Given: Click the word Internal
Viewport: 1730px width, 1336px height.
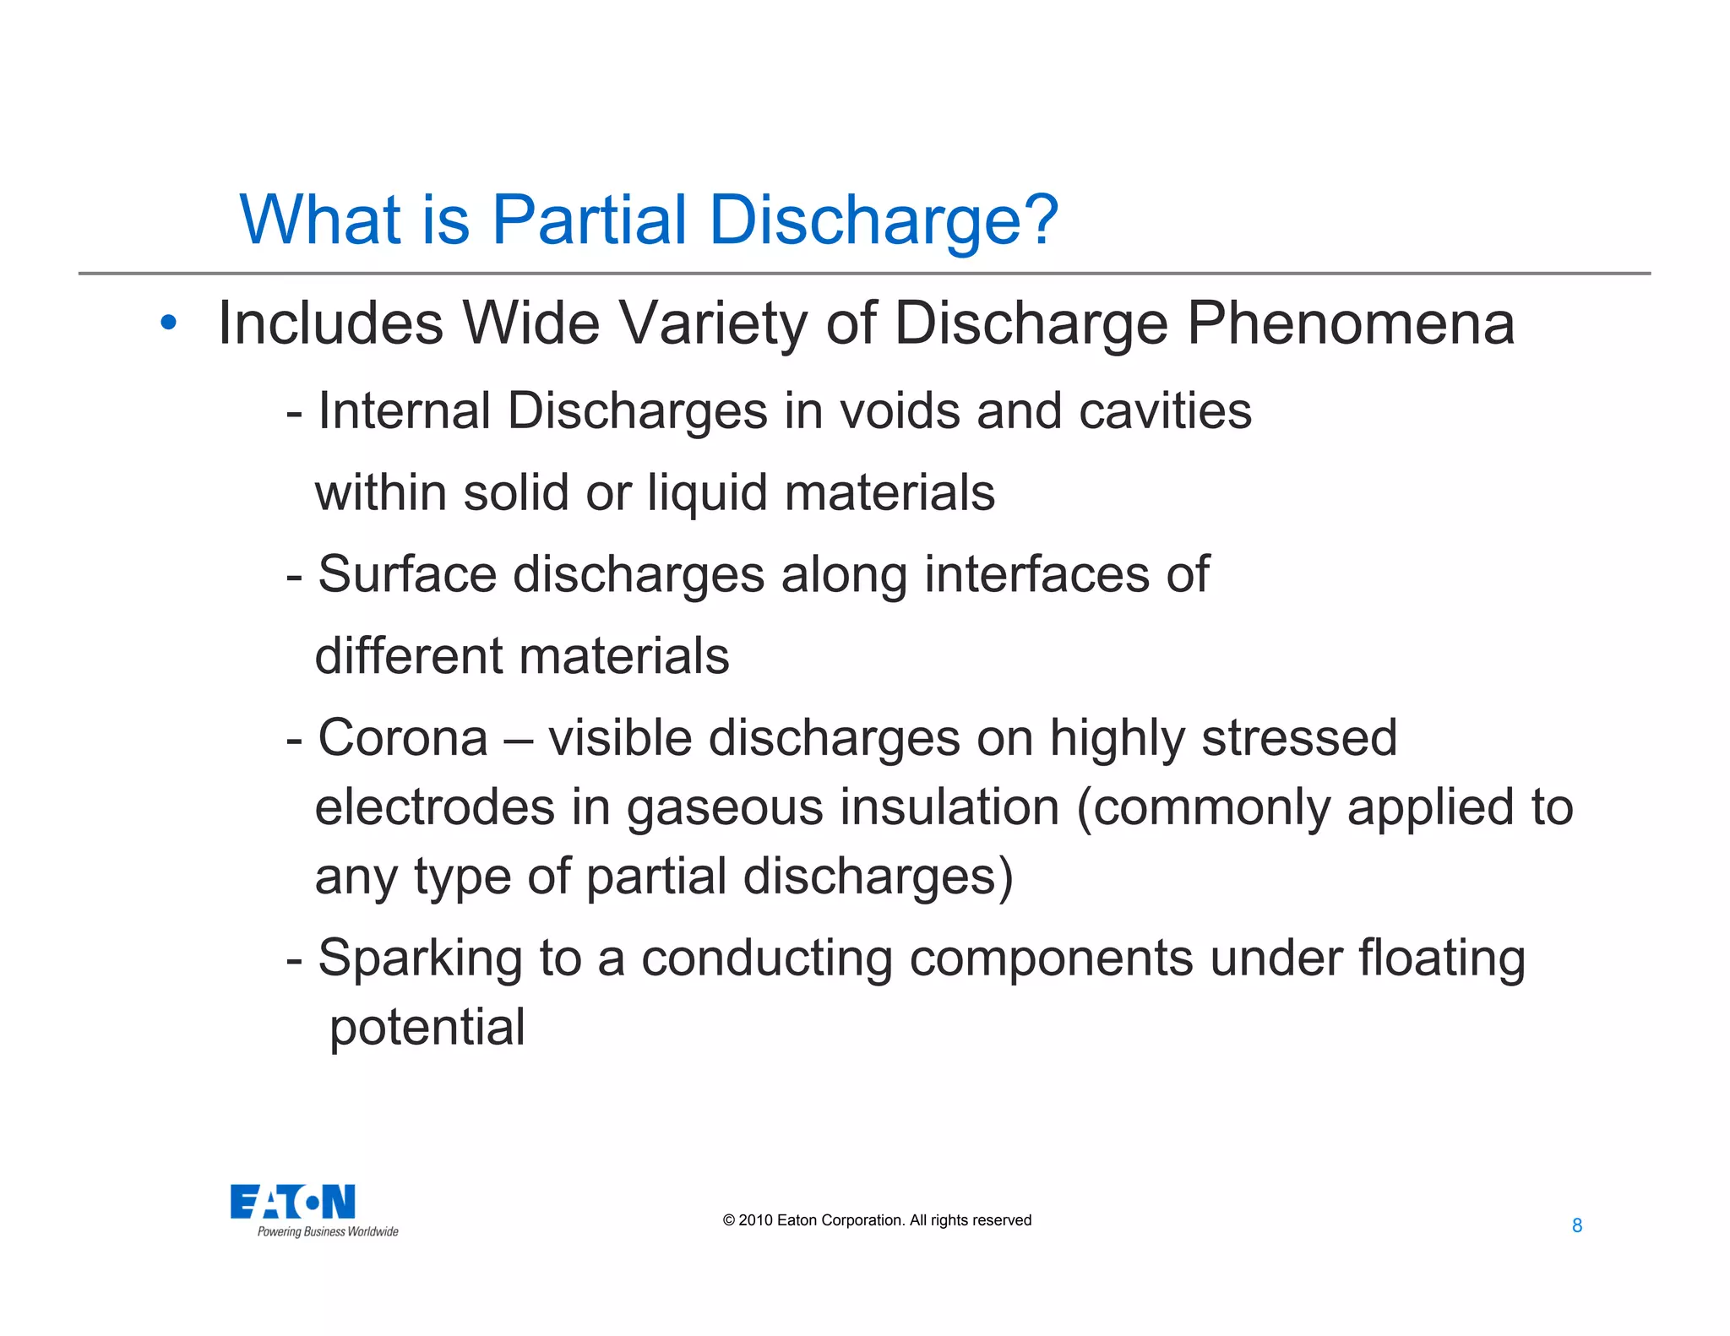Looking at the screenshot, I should pos(404,411).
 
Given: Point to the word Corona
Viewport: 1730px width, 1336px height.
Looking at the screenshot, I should pos(403,738).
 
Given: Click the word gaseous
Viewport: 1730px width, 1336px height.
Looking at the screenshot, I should pos(724,808).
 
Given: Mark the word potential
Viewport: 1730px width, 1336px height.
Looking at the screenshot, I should pos(427,1029).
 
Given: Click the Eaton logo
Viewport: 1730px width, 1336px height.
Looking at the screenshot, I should pos(293,1202).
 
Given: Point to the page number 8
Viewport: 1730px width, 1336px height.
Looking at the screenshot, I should pos(1576,1225).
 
